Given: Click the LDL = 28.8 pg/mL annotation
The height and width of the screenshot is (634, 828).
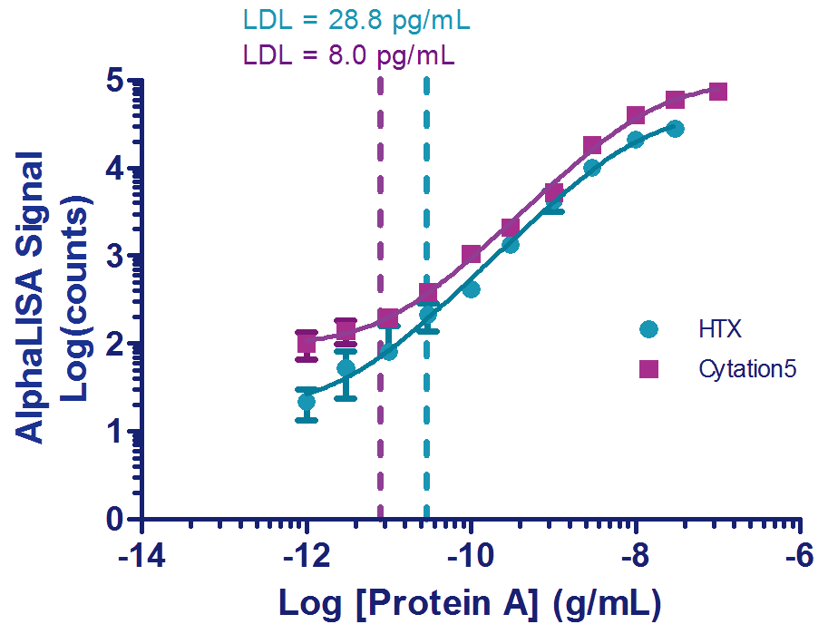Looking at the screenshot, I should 356,19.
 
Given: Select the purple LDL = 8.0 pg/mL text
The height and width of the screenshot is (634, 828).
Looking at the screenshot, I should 349,55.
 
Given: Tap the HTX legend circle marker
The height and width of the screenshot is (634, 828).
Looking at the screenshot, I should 648,329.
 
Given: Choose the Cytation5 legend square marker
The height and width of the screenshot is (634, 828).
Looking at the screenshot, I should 648,369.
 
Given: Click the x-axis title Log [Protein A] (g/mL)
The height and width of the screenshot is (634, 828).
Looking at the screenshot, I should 469,601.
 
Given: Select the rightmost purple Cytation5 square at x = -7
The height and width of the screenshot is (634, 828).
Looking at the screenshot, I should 717,92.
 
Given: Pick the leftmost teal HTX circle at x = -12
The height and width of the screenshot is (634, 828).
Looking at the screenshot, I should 307,402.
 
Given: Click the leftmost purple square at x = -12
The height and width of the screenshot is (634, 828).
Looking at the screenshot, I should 307,343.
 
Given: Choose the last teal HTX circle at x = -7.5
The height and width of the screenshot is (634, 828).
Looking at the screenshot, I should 675,129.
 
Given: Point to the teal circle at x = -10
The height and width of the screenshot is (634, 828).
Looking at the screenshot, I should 471,289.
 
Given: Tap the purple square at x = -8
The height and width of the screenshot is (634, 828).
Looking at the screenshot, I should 635,115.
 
